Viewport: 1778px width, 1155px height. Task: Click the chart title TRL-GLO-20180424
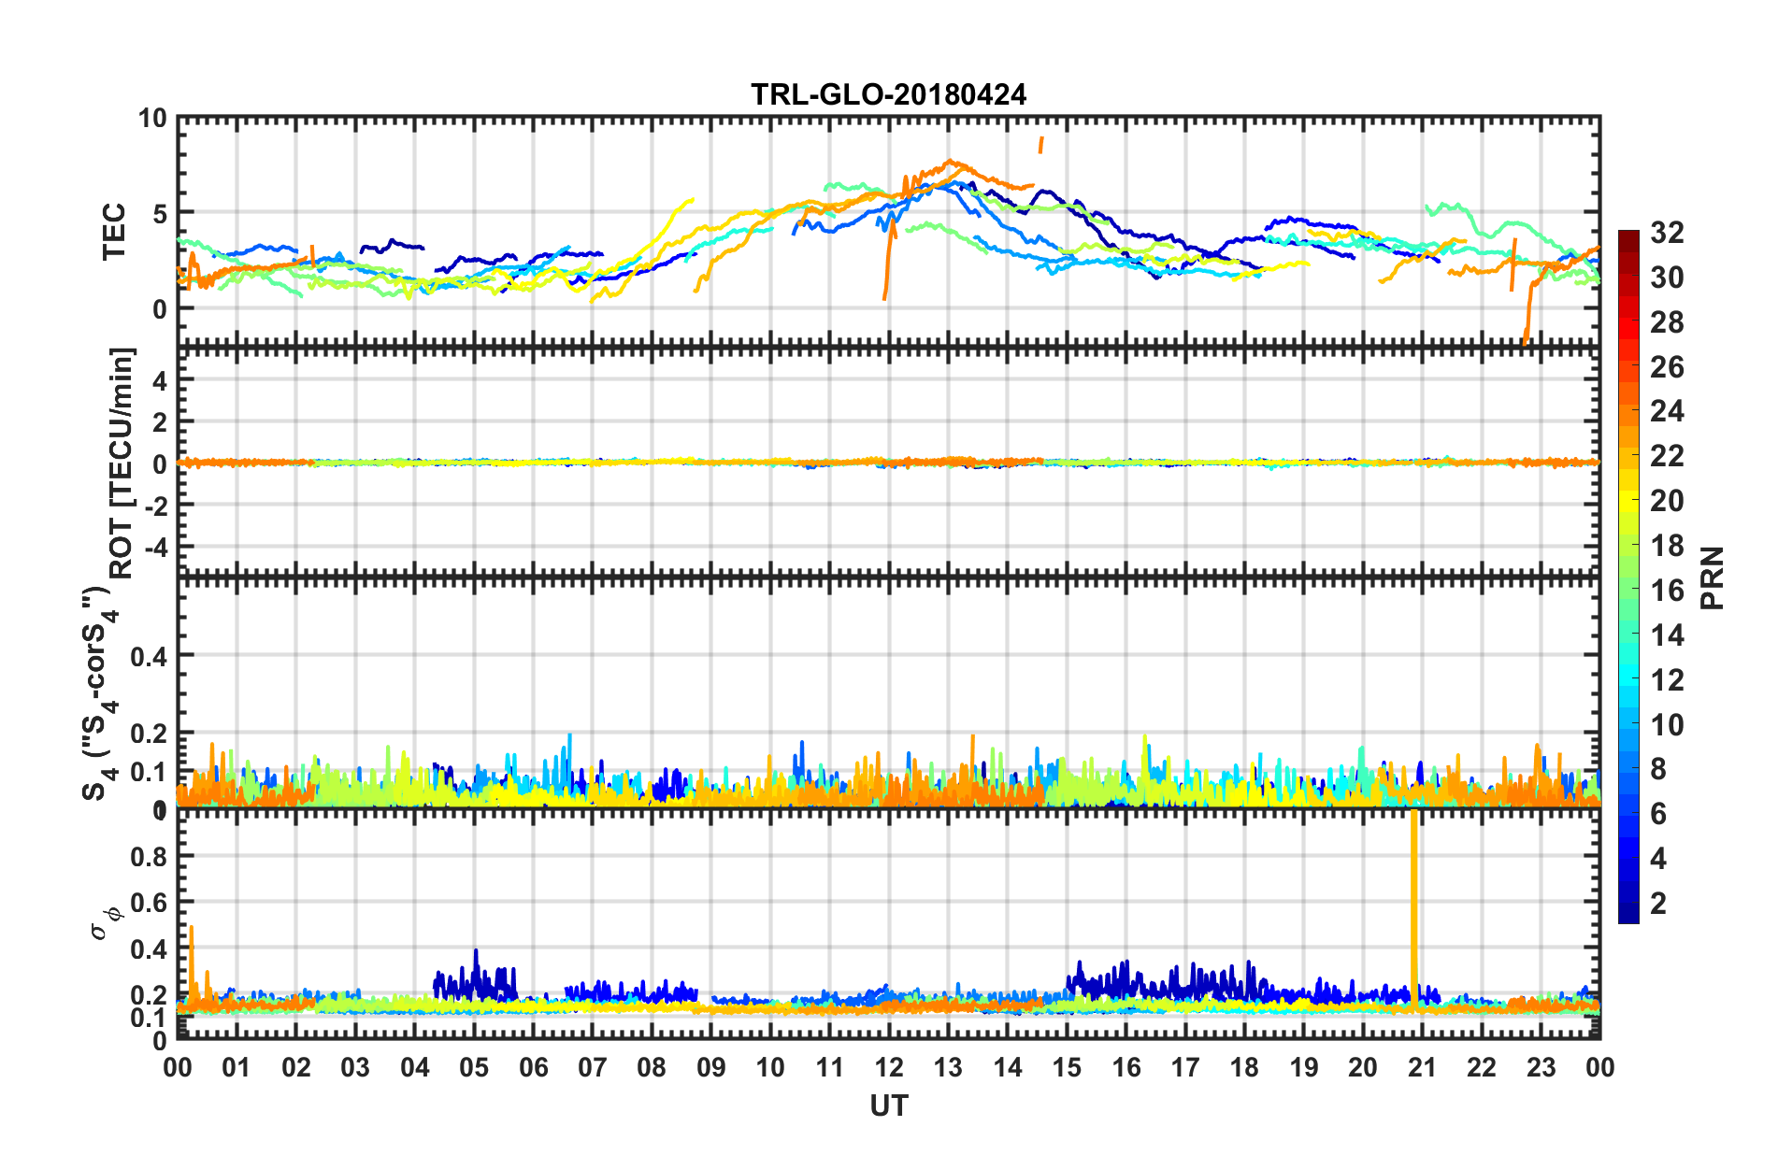pos(888,94)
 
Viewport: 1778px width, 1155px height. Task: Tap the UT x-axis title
pos(888,1106)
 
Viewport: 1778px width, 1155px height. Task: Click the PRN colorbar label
pos(1713,578)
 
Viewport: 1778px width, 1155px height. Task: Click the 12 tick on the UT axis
pos(889,1067)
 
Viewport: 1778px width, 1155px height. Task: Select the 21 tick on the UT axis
pos(1422,1067)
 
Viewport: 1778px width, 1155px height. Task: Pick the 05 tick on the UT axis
pos(474,1067)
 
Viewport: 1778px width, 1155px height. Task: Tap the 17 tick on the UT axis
pos(1185,1067)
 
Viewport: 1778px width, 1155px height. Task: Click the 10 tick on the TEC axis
pos(152,119)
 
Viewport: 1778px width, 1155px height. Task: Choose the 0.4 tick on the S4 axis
pos(148,657)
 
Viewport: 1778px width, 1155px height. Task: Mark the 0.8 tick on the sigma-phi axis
pos(148,857)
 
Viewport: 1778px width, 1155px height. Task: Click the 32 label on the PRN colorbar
pos(1667,233)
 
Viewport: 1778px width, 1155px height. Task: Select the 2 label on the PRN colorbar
pos(1658,904)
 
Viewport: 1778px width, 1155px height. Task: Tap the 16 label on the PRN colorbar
pos(1667,591)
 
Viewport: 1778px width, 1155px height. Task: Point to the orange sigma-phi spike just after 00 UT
pos(192,962)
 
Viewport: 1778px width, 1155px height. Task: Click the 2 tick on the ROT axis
pos(159,421)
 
